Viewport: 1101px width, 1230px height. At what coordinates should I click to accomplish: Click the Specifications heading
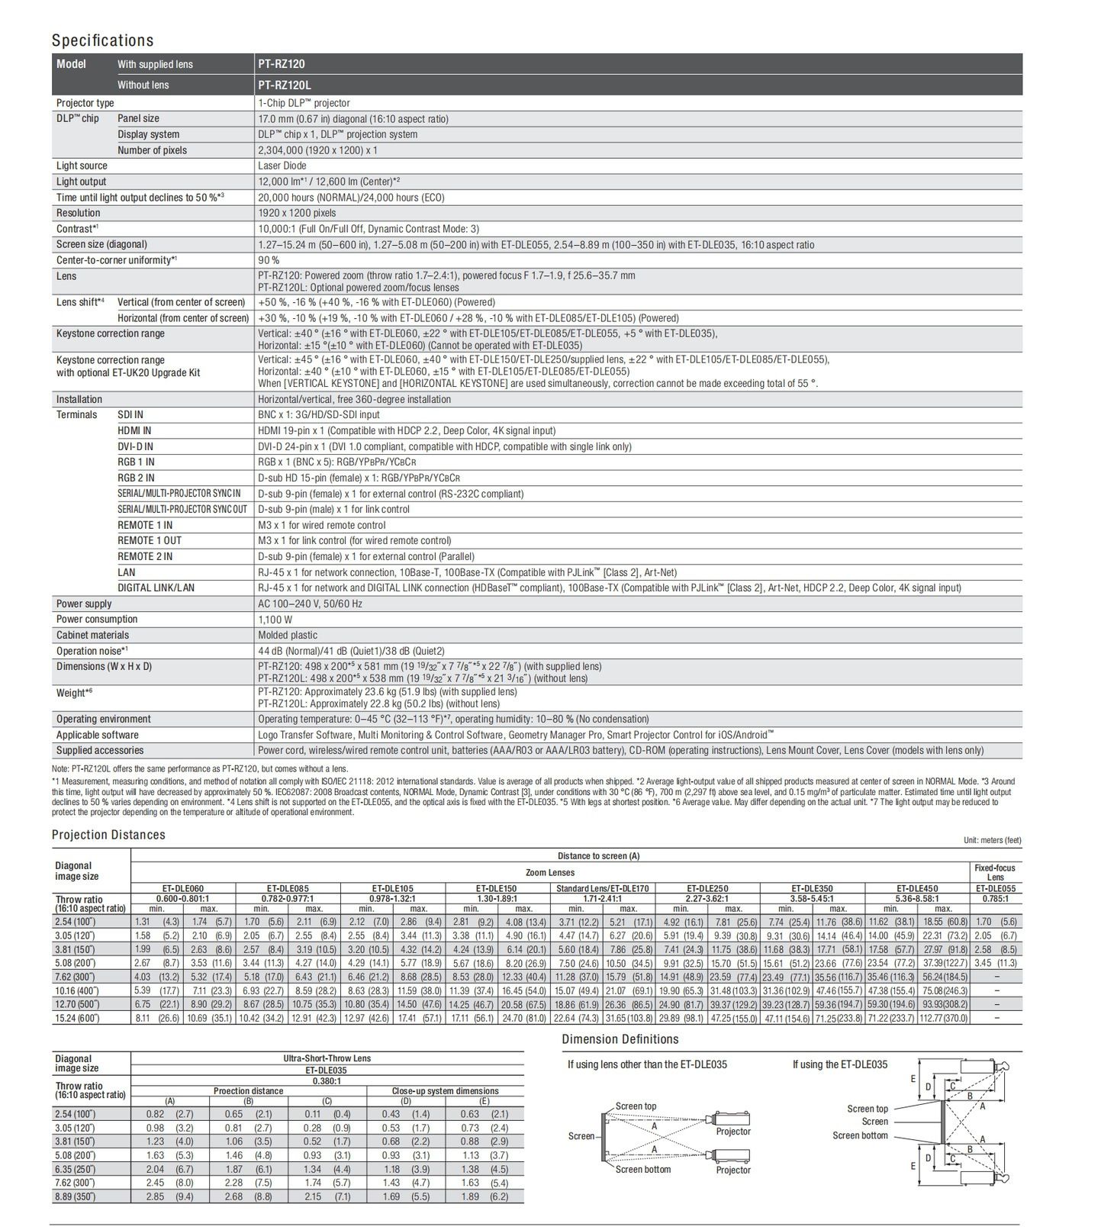[102, 40]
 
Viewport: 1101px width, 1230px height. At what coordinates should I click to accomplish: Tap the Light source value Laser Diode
[282, 166]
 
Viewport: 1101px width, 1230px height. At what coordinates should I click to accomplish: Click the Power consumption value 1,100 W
[275, 620]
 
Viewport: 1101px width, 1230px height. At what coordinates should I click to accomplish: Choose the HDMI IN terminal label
[134, 430]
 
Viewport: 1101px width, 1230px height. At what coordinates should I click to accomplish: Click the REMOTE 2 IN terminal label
[145, 556]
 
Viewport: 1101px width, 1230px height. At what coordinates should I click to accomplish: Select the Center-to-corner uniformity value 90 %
[269, 260]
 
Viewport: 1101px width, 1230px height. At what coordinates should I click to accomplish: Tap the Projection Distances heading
[108, 835]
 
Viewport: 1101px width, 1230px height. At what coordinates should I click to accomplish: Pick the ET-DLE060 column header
[183, 888]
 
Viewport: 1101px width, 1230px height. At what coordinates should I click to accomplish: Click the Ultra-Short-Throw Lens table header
[327, 1058]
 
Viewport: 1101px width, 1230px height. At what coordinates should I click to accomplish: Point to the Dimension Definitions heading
[620, 1039]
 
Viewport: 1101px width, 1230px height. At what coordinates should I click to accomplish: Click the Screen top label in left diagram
[636, 1106]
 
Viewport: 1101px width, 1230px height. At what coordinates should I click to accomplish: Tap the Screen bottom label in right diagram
[860, 1135]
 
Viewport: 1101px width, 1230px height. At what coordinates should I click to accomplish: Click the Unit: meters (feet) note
[992, 840]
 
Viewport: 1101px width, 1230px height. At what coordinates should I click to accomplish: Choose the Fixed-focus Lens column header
[995, 872]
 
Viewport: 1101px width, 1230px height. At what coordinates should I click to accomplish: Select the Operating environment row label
[103, 719]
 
